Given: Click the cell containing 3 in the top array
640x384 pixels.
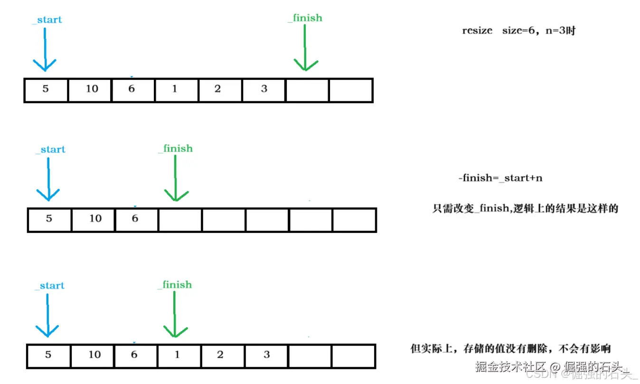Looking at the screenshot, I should pos(264,90).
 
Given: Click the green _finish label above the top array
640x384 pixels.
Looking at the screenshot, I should pos(305,18).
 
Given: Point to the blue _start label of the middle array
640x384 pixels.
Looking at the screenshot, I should pos(50,150).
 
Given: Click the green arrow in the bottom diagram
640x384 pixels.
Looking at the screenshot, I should pos(176,316).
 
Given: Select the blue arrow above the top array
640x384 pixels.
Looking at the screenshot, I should pos(45,50).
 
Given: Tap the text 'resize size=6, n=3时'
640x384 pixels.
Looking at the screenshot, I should pos(518,31).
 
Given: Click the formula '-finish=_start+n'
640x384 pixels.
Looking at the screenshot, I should pos(500,178).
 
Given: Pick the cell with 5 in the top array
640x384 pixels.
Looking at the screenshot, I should pos(46,90).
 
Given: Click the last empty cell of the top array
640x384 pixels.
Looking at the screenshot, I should pos(350,90).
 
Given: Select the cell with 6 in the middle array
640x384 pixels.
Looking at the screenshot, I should pos(136,220).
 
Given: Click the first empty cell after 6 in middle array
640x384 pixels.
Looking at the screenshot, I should pos(179,220).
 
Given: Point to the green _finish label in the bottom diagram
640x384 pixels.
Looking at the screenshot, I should pos(175,285).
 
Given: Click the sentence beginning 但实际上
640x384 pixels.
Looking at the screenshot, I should pos(510,349).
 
